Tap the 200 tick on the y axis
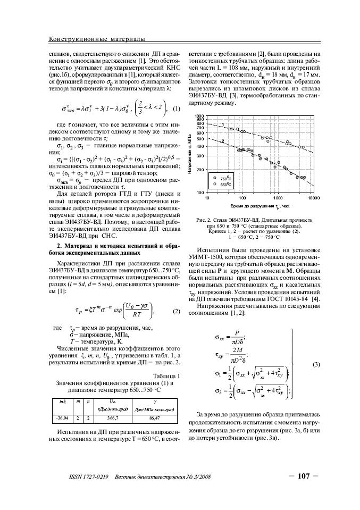click(200, 170)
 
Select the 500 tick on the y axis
click(200, 139)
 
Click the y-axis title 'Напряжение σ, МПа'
click(189, 154)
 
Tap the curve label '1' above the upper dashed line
click(222, 124)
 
